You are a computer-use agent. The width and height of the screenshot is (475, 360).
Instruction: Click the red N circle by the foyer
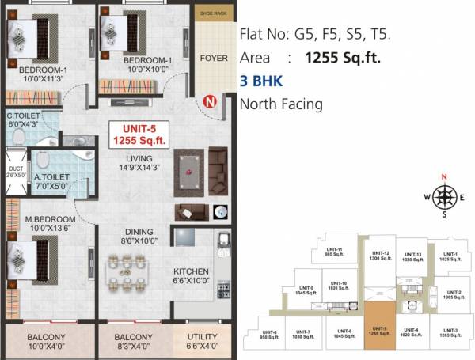point(210,101)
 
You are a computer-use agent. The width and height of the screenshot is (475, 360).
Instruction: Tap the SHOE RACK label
point(213,13)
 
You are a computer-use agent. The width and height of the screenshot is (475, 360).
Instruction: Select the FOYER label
point(213,58)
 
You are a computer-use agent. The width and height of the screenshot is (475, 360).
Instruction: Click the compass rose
point(444,195)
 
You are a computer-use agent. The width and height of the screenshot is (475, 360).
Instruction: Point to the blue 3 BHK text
point(260,81)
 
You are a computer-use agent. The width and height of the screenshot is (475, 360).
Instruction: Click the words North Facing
point(280,104)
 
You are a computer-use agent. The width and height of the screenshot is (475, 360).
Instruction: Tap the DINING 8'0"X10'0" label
point(139,236)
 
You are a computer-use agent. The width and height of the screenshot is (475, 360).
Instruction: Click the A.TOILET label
point(52,181)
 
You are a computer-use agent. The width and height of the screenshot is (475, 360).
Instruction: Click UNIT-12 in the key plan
point(380,255)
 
